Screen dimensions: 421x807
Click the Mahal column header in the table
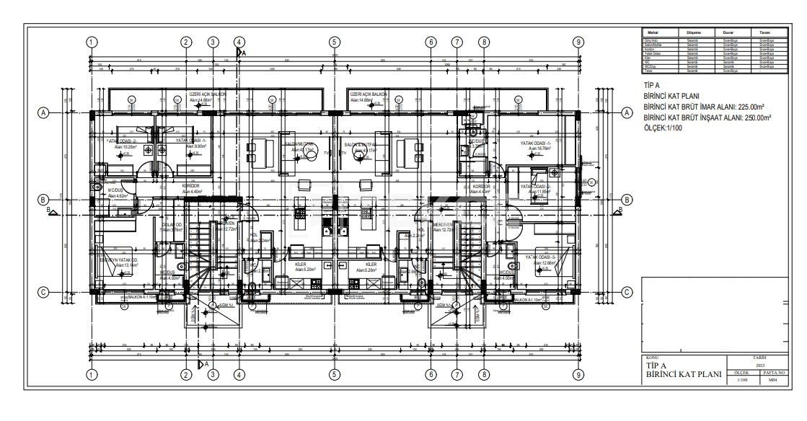click(x=651, y=32)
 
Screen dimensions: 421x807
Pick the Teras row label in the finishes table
click(x=648, y=71)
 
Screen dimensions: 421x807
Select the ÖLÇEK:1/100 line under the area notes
click(x=664, y=128)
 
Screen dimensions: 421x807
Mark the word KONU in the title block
click(x=651, y=357)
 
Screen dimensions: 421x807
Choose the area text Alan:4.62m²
click(x=117, y=196)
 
